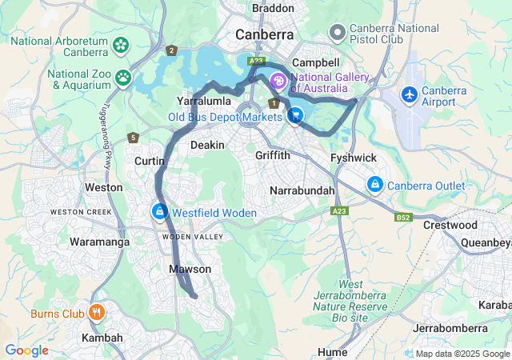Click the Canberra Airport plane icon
point(410,94)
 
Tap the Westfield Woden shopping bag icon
point(159,211)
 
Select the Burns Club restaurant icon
point(96,312)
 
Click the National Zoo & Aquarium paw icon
point(123,78)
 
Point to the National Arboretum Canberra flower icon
point(121,45)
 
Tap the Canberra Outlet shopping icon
point(374,185)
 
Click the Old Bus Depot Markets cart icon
point(295,117)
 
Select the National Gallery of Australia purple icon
point(278,81)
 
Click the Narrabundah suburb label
point(302,191)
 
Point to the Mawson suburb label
point(190,270)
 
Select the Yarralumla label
point(203,102)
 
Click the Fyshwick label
point(353,158)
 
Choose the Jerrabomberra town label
point(450,329)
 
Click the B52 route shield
point(402,217)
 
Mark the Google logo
point(26,350)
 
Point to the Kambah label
point(102,338)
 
